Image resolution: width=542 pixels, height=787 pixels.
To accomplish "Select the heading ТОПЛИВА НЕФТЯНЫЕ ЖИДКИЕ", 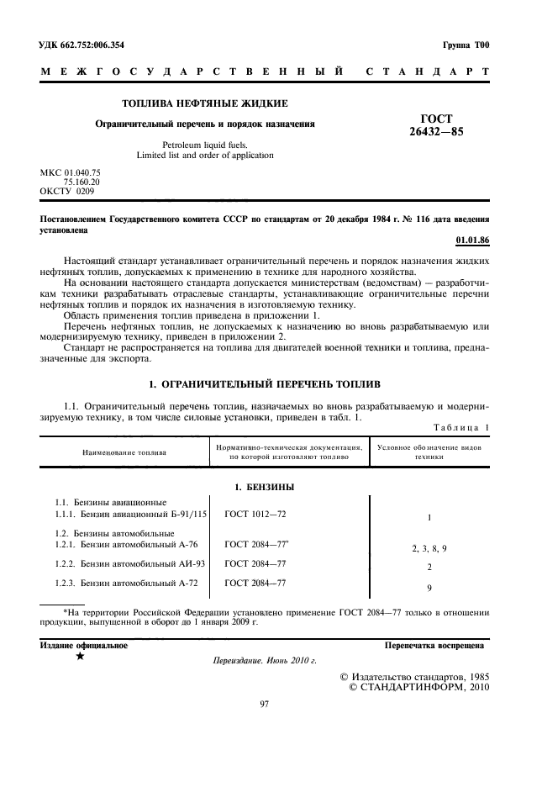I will tap(205, 103).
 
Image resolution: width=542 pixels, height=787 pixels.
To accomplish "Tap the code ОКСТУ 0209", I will tap(67, 191).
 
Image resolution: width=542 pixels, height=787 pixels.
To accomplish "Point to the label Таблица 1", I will tap(460, 427).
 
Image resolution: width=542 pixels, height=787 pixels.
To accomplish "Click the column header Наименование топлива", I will tap(124, 452).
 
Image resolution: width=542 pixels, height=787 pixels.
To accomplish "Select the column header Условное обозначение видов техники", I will tap(429, 452).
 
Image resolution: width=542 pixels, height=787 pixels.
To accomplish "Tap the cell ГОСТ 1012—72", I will tap(255, 512).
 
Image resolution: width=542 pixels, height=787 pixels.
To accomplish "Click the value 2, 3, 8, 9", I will tap(429, 548).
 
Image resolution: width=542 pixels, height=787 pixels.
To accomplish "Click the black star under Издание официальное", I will tap(79, 658).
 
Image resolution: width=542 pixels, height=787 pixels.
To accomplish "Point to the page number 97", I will tap(264, 704).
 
